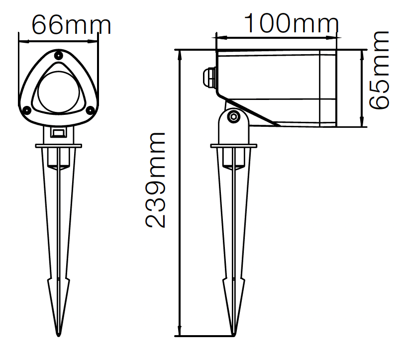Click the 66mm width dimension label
click(72, 25)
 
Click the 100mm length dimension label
click(292, 23)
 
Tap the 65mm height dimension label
click(379, 70)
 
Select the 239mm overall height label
click(155, 180)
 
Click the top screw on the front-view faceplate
click(59, 55)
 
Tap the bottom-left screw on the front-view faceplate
click(26, 110)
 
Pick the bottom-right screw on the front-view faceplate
click(90, 110)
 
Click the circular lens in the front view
click(58, 92)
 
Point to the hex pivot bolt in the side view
click(233, 117)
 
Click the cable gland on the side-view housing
click(209, 77)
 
